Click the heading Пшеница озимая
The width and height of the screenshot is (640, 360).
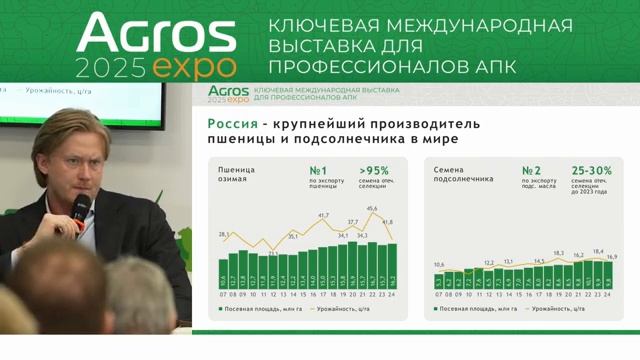238,174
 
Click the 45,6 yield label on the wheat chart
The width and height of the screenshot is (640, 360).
372,209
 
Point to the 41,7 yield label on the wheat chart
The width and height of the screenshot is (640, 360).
323,215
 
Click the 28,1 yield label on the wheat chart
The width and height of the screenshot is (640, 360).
224,234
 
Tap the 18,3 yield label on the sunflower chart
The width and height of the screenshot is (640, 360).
558,253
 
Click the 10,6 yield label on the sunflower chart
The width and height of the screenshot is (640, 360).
440,265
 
